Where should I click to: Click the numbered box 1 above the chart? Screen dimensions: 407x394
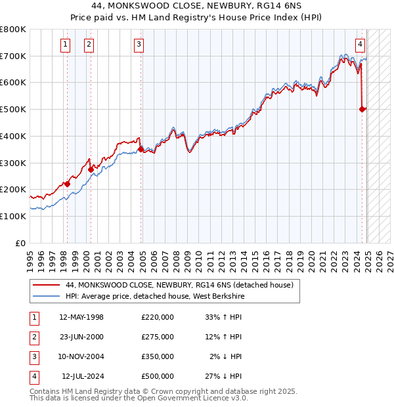click(x=66, y=45)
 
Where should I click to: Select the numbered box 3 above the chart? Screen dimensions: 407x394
click(x=139, y=45)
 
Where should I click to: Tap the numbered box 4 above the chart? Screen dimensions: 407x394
click(x=361, y=45)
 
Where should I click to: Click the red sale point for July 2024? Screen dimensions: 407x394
click(x=362, y=110)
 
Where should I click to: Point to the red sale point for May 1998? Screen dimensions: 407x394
click(x=67, y=184)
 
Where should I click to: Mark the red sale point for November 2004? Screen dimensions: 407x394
click(x=141, y=149)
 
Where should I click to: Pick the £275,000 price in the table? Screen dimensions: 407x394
click(x=157, y=337)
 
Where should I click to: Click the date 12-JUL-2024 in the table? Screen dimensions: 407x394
click(x=85, y=376)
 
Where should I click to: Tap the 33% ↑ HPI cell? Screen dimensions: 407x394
click(x=224, y=317)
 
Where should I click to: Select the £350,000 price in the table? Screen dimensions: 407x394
click(x=157, y=356)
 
